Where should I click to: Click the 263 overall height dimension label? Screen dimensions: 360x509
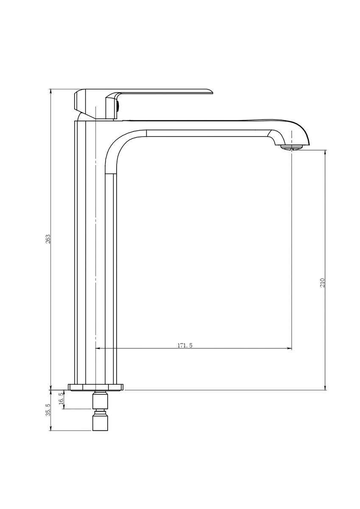(x=48, y=239)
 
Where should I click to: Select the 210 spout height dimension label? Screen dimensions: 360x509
(x=322, y=282)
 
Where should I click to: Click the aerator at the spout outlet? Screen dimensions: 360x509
(x=292, y=148)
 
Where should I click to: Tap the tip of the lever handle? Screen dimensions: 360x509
(x=212, y=92)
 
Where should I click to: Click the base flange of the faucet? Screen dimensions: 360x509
(x=96, y=387)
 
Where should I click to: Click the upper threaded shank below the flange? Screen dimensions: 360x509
(x=100, y=400)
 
